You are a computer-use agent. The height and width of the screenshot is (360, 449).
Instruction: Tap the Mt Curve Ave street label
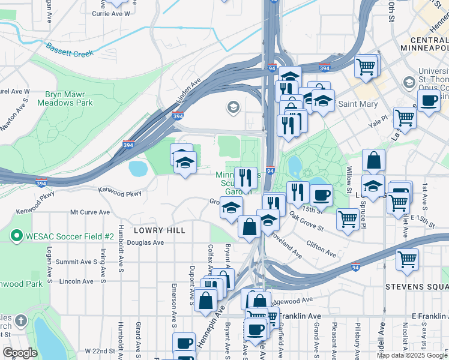(x=90, y=212)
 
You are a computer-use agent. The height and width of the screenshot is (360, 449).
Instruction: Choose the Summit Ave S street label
(x=76, y=262)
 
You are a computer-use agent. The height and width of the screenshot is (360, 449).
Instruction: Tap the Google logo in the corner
(x=20, y=353)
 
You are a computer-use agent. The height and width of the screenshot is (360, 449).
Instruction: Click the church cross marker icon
(x=22, y=321)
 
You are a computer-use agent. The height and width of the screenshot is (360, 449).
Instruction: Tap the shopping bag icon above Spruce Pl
(x=373, y=161)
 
